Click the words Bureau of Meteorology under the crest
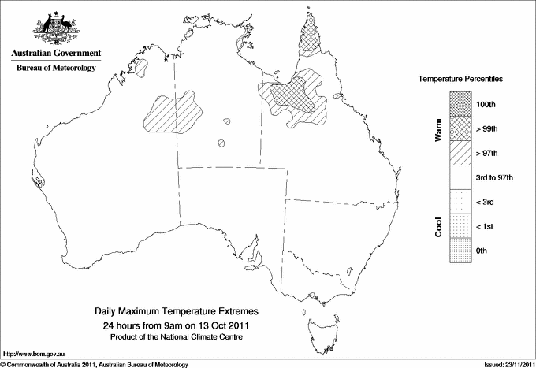click(56, 69)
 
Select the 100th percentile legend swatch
click(460, 103)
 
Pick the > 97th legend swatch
click(460, 152)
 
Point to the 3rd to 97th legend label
click(495, 177)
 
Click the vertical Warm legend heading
click(438, 128)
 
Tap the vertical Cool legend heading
click(438, 226)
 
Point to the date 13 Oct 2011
click(221, 325)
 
